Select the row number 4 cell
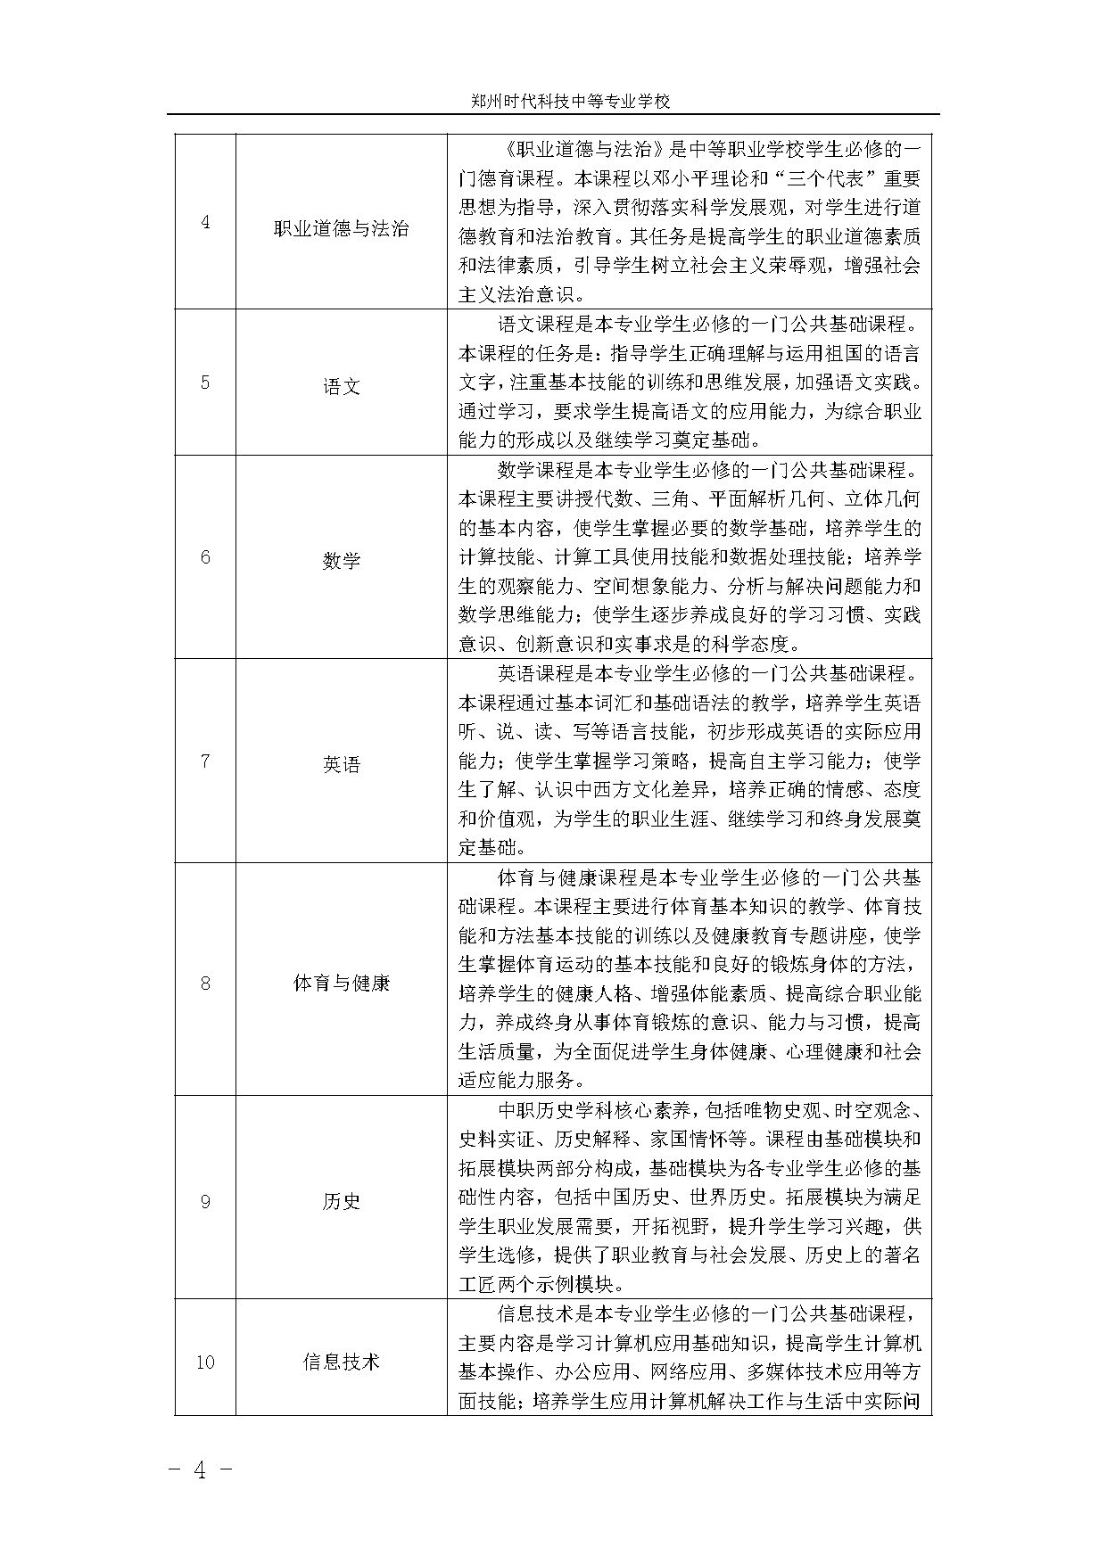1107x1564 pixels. point(205,222)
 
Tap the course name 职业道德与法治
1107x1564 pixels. point(341,229)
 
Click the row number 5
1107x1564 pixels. point(205,383)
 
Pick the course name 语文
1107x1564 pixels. point(341,387)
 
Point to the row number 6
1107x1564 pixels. point(205,557)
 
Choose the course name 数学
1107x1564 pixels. point(341,561)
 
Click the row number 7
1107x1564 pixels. point(205,761)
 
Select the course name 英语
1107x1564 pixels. point(341,764)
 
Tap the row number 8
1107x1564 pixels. point(205,984)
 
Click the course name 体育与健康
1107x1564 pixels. point(341,984)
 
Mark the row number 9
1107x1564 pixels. point(205,1201)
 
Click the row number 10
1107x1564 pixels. point(205,1362)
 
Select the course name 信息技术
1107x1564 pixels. point(341,1362)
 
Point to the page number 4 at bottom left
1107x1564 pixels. point(200,1470)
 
